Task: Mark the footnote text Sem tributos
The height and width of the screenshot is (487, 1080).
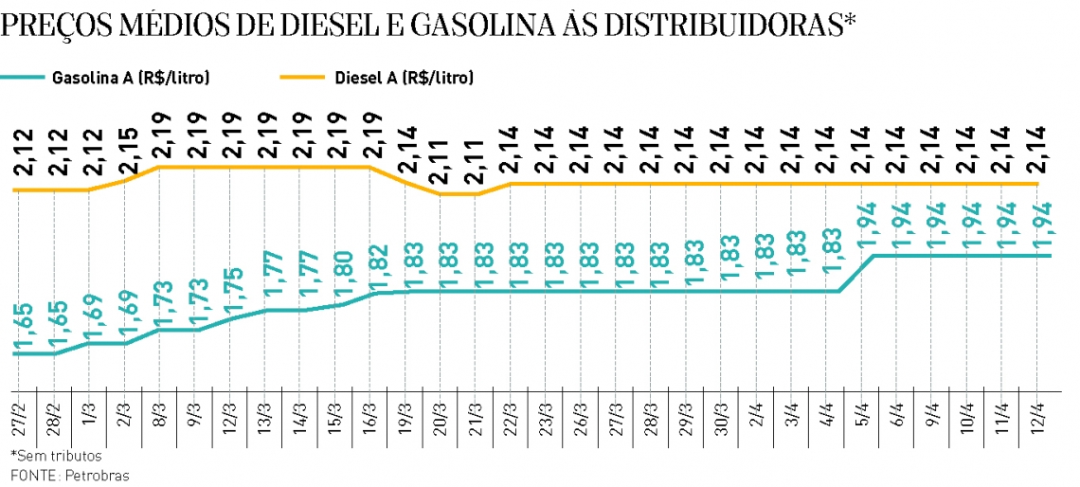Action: coord(57,456)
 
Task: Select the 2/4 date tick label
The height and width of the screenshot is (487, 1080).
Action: coord(756,418)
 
